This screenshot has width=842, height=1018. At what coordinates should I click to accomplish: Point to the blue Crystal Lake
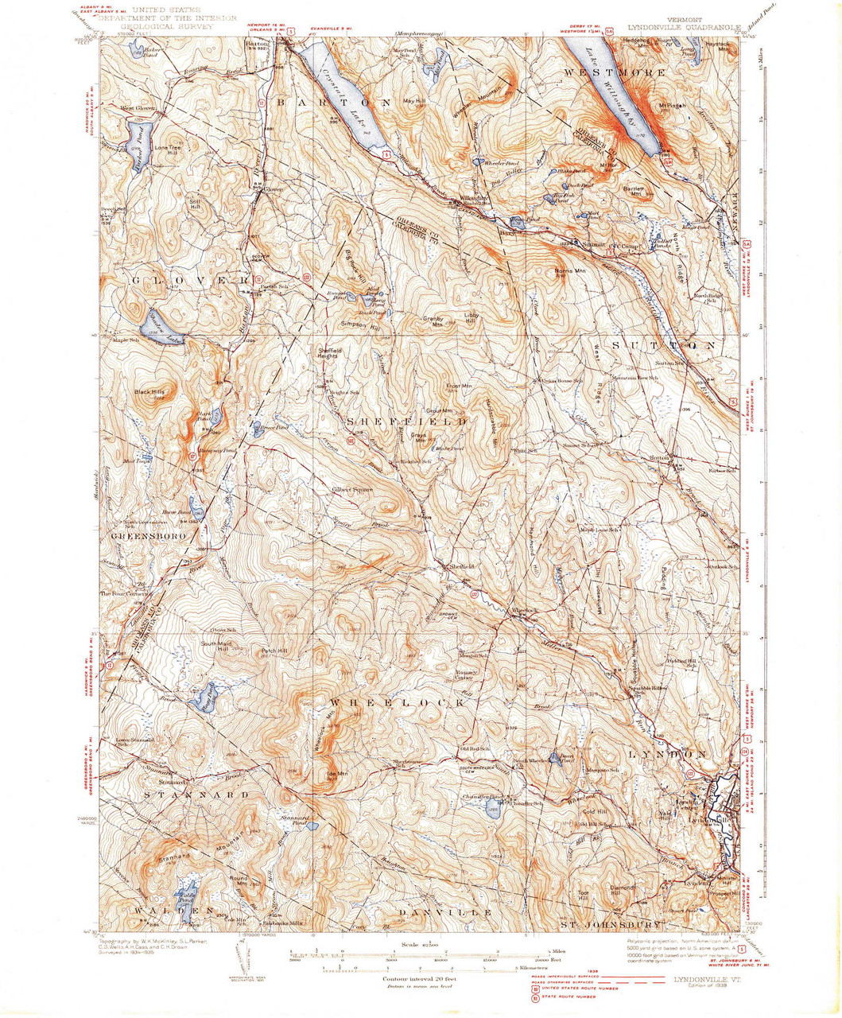tap(338, 95)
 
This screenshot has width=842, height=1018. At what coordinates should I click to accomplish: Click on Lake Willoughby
tap(616, 103)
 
